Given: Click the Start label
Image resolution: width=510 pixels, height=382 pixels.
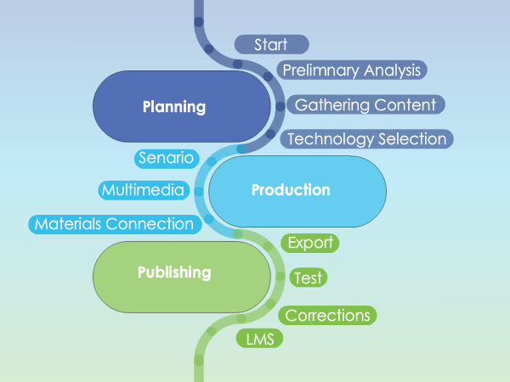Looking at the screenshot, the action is [x=272, y=44].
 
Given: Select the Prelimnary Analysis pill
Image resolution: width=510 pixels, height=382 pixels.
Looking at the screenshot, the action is [x=352, y=70].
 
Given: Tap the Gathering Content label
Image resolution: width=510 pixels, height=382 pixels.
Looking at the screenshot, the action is [x=365, y=104].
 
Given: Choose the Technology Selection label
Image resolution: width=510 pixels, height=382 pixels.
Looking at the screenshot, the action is [x=367, y=139].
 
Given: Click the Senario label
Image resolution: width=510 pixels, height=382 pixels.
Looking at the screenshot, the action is [x=167, y=159].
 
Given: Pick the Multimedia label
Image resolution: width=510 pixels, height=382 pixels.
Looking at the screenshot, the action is [x=144, y=190].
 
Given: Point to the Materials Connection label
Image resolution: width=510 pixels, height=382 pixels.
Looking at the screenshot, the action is [x=115, y=224].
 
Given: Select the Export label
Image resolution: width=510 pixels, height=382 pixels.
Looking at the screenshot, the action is [x=310, y=243].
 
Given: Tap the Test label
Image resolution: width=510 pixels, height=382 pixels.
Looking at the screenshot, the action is [x=309, y=278].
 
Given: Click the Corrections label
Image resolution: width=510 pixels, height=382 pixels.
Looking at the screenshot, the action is [x=327, y=315].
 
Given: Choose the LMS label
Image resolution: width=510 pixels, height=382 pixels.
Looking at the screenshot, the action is [x=259, y=339].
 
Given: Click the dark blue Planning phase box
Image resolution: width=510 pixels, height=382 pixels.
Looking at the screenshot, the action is [x=182, y=107].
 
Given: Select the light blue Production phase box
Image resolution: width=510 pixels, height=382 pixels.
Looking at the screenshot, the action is [x=297, y=191].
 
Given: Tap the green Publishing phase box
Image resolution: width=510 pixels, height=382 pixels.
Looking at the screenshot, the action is [x=182, y=277].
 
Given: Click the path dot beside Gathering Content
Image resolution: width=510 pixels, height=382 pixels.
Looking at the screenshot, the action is [x=280, y=106].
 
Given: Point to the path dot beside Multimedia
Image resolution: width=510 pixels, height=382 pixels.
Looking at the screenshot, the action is [x=199, y=191].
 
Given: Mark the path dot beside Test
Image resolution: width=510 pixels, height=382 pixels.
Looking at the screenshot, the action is [x=280, y=277].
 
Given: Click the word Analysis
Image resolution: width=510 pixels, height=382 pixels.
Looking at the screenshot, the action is [x=392, y=70].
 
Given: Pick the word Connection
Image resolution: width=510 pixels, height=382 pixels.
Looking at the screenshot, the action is [x=150, y=224].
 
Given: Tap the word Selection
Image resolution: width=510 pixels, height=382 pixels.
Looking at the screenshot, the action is [x=412, y=139].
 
